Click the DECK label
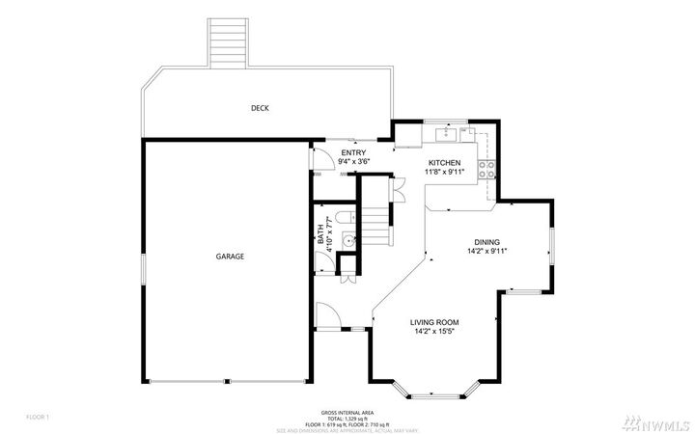pyautogui.click(x=259, y=108)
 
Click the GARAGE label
pyautogui.click(x=229, y=257)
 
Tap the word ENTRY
pyautogui.click(x=352, y=153)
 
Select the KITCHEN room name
pyautogui.click(x=444, y=163)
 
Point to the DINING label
pyautogui.click(x=486, y=242)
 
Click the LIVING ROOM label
pyautogui.click(x=433, y=322)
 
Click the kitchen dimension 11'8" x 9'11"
pyautogui.click(x=444, y=173)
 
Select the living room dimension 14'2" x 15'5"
pyautogui.click(x=433, y=332)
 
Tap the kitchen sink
pyautogui.click(x=450, y=131)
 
